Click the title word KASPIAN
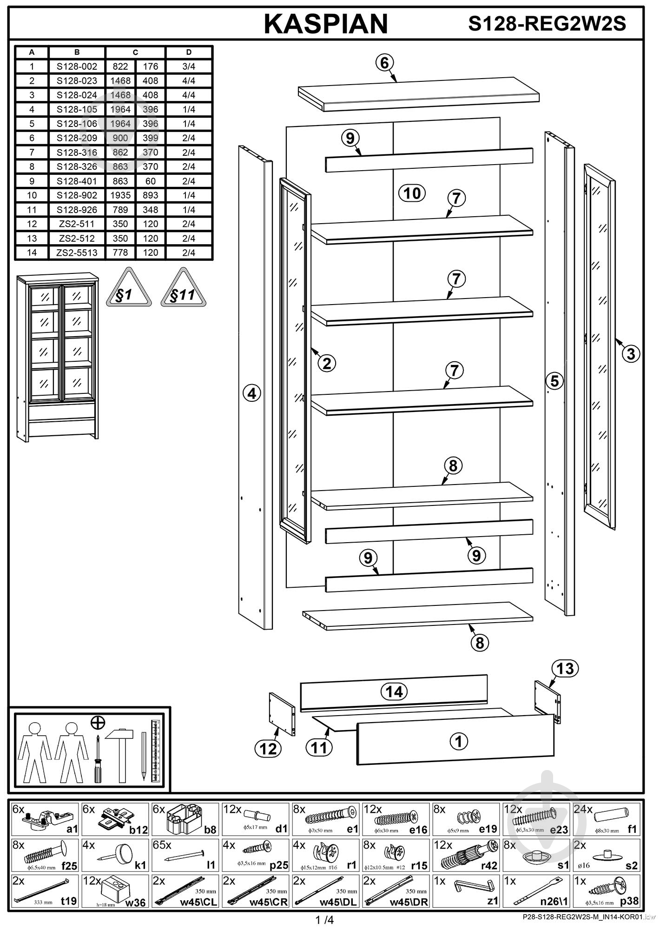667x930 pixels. (x=326, y=24)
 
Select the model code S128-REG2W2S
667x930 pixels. (x=547, y=23)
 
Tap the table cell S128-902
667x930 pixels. (x=77, y=195)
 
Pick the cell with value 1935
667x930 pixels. (x=120, y=195)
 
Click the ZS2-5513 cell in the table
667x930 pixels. (x=77, y=253)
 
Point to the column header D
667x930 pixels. (x=189, y=53)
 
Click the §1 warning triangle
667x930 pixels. (x=128, y=289)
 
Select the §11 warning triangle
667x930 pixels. (x=183, y=289)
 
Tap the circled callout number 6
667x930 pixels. (x=384, y=63)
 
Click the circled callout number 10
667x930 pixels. (x=412, y=193)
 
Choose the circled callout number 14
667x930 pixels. (x=394, y=691)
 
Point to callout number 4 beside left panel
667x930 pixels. (x=252, y=393)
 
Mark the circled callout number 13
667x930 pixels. (x=565, y=669)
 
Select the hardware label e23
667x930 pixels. (x=558, y=829)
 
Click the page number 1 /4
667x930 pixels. (x=324, y=920)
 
